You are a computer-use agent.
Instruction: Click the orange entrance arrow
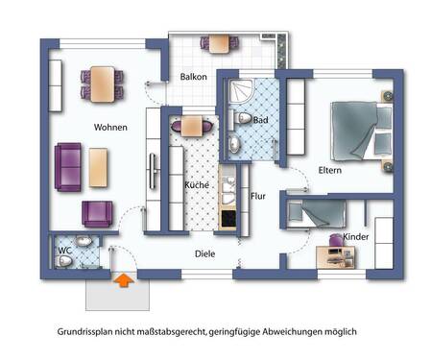tap(123, 280)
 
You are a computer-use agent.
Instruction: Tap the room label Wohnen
tap(110, 127)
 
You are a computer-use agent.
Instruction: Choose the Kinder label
tap(355, 236)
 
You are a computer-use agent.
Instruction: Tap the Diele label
tap(204, 254)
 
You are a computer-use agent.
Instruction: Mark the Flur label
tap(257, 196)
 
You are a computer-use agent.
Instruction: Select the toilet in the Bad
tap(244, 119)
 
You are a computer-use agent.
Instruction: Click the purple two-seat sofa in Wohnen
tap(68, 168)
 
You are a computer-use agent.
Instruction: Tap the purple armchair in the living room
tap(98, 213)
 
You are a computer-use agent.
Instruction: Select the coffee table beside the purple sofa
tap(100, 167)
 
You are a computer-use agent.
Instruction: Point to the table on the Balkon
tap(220, 42)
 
